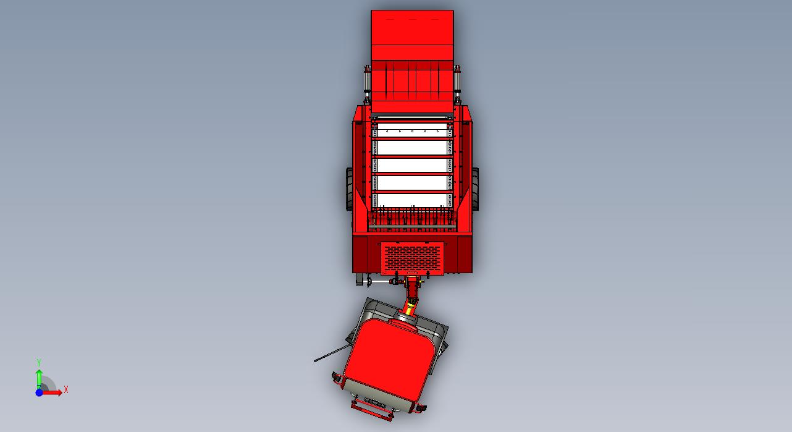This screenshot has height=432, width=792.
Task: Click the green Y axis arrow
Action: coord(39,379)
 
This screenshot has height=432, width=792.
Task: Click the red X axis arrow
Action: coord(52,392)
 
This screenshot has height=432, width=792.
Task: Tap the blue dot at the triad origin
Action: coord(39,392)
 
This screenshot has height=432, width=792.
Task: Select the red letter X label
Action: coord(65,390)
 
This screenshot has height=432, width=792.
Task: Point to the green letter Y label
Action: coord(39,363)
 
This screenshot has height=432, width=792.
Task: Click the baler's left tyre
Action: coord(349,189)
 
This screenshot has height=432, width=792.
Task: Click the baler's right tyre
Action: coord(475,189)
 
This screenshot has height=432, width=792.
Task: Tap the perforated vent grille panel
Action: coord(412,258)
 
